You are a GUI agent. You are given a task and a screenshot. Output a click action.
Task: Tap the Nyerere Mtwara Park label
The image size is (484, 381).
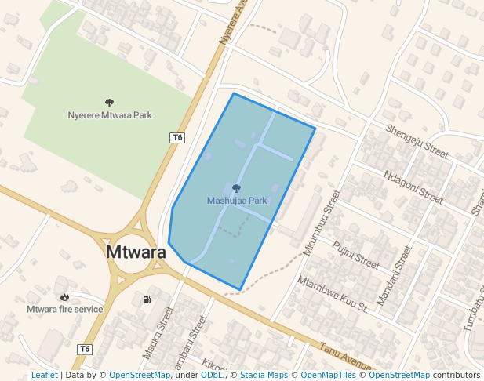[110, 115]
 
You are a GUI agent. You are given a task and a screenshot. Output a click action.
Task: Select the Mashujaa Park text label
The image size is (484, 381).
[237, 201]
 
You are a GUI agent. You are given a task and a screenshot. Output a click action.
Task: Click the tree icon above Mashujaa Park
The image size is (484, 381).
[236, 188]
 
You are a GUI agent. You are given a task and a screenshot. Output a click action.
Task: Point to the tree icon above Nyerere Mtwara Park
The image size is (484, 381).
[109, 103]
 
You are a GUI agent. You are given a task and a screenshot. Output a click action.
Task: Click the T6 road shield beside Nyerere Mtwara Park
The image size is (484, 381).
[177, 138]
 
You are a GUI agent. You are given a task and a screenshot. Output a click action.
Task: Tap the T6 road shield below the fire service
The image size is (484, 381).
[85, 349]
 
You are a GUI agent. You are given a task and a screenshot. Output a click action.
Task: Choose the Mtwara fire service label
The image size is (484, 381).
[65, 309]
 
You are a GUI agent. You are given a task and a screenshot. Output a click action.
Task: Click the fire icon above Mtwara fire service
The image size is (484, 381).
[64, 297]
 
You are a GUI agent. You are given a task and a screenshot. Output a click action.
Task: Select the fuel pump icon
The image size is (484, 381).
[147, 299]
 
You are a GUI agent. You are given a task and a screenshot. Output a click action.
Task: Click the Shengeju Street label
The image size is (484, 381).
[416, 140]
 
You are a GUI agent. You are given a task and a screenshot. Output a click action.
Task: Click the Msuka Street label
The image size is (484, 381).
[158, 333]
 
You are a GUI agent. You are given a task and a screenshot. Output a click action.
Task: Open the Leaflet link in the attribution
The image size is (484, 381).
[44, 375]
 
